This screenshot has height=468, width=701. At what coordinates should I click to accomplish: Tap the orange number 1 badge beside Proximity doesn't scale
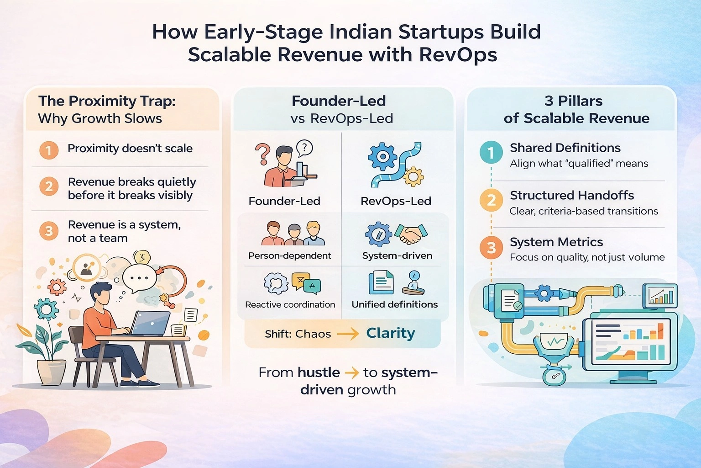point(49,150)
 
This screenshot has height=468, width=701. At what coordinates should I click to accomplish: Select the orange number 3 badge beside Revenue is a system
point(49,231)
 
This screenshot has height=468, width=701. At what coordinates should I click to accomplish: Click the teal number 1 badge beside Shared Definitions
point(491,153)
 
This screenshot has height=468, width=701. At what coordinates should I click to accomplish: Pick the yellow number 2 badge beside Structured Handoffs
point(491,200)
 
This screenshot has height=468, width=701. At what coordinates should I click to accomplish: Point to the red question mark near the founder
point(262,154)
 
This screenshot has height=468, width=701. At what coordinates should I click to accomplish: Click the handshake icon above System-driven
point(411,234)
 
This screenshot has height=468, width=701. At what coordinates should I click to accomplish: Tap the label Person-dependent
point(289,255)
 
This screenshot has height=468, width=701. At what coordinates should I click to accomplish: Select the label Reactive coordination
point(290,304)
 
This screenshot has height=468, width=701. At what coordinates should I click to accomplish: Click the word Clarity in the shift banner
point(391,333)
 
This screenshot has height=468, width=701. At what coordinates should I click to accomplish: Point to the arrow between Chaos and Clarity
point(348,335)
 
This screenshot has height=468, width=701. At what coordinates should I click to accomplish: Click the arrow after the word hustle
point(352,373)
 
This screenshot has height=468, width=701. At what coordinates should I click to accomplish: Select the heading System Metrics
point(556,242)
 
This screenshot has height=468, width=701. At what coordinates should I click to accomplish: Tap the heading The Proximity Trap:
point(107,101)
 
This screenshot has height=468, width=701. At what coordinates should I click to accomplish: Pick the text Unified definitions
point(395,304)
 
